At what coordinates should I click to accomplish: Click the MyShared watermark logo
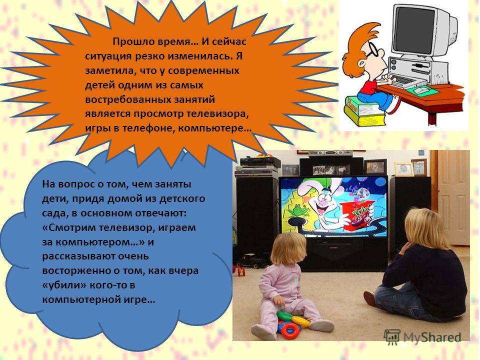[x=423, y=337]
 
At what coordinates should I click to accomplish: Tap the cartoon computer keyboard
[x=404, y=80]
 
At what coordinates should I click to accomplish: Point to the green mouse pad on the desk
[x=422, y=90]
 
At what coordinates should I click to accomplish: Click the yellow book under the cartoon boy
[x=364, y=116]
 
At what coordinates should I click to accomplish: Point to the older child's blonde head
[x=424, y=226]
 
